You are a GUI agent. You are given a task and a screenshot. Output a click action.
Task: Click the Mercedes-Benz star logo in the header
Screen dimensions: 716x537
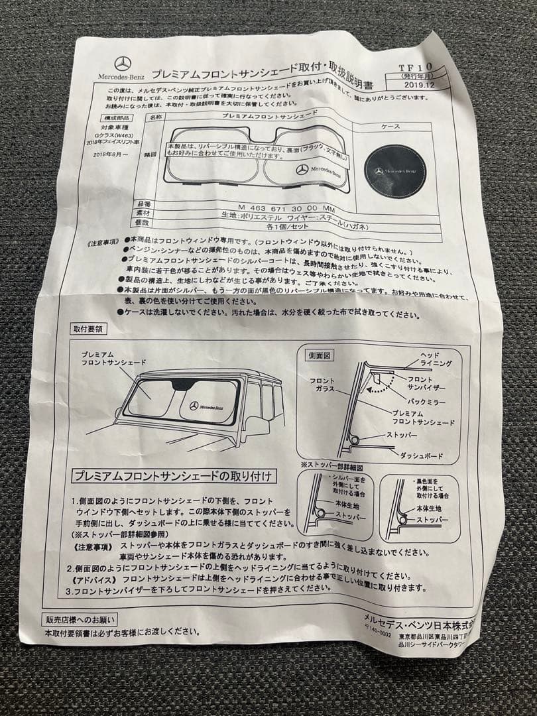point(122,64)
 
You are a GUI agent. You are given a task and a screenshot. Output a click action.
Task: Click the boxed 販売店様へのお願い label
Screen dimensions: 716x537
point(80,620)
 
